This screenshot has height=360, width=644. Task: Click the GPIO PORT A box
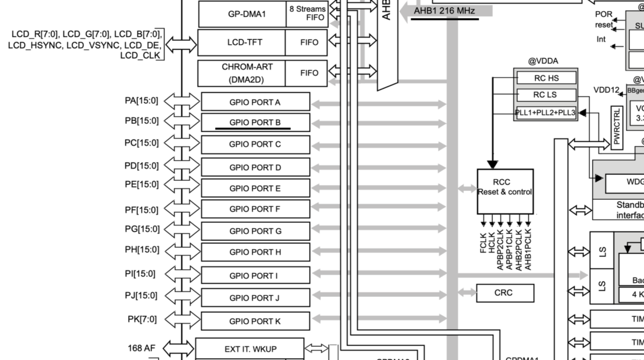[x=255, y=102]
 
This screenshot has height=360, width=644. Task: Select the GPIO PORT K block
[x=255, y=321]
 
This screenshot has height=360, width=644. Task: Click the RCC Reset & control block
[x=505, y=191]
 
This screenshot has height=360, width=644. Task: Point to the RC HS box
[x=546, y=78]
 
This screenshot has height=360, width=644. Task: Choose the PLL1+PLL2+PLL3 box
[x=546, y=113]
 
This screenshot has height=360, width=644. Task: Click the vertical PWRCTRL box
[x=618, y=127]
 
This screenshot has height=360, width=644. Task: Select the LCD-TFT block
[x=241, y=42]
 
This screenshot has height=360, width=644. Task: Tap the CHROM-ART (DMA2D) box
[x=241, y=73]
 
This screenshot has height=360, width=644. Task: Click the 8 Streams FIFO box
[x=306, y=13]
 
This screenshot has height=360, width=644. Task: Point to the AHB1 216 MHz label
[x=444, y=11]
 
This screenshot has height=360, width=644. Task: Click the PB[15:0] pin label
[x=142, y=121]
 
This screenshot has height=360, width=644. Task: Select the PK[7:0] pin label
[x=142, y=319]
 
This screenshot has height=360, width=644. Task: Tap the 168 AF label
[x=142, y=348]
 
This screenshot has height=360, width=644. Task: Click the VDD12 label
[x=607, y=90]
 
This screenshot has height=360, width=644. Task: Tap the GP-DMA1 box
[x=241, y=14]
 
